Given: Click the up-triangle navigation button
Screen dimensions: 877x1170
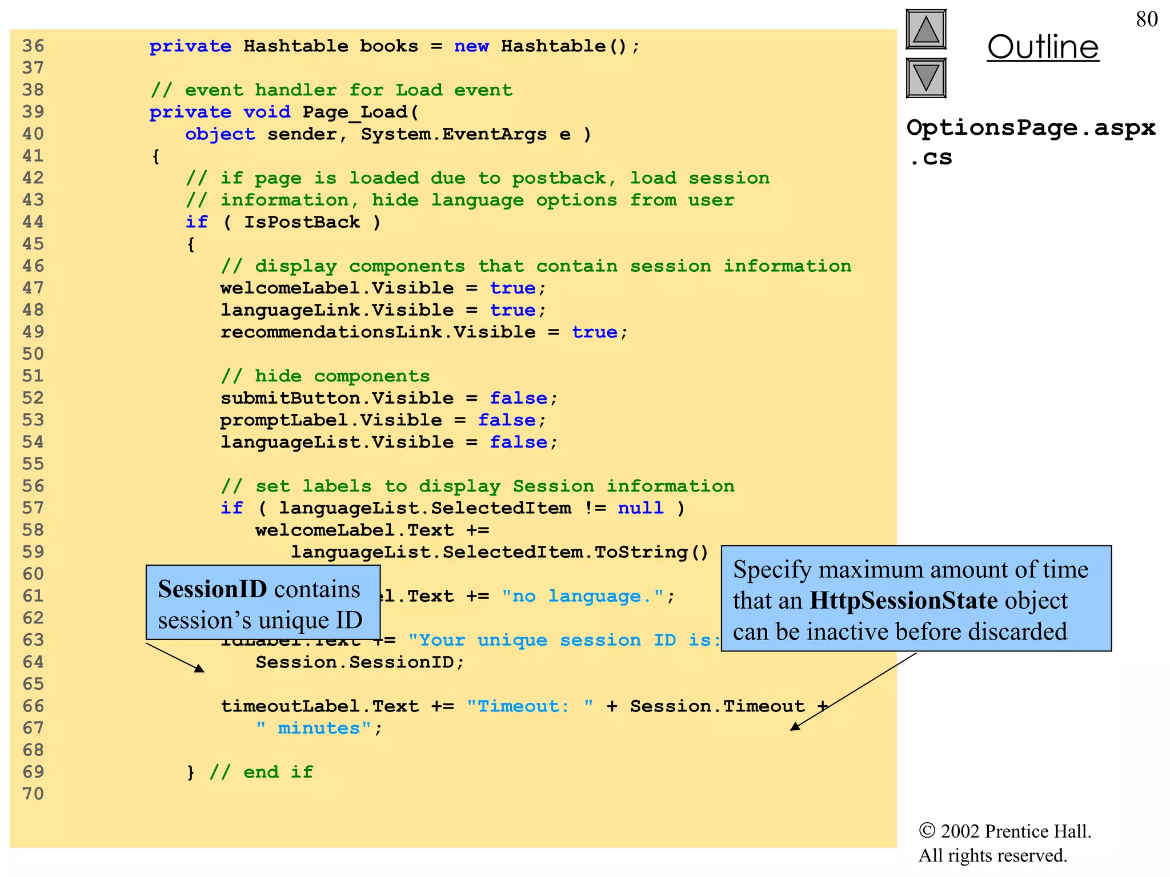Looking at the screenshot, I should (925, 29).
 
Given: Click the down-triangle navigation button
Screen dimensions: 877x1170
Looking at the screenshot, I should (925, 78).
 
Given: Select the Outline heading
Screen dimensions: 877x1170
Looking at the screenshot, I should (1043, 47).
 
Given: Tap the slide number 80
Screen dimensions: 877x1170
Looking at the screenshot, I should (1147, 19).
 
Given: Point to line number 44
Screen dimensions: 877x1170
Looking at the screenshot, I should (33, 222).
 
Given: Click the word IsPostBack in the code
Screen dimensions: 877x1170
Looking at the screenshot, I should (302, 222).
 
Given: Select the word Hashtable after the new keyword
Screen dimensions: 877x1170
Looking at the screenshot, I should (553, 46).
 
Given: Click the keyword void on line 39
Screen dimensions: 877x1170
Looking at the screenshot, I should (267, 112).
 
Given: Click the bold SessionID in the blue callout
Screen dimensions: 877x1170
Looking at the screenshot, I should (213, 589).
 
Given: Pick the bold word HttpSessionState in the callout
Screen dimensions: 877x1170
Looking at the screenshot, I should (903, 601).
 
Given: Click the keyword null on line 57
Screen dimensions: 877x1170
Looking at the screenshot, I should (640, 508).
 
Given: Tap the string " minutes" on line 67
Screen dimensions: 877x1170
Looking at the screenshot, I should (313, 728).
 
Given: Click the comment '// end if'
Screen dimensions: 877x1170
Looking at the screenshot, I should (262, 772).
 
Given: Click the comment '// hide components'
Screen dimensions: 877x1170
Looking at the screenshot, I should (325, 376).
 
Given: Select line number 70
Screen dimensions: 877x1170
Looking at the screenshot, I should (33, 794).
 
